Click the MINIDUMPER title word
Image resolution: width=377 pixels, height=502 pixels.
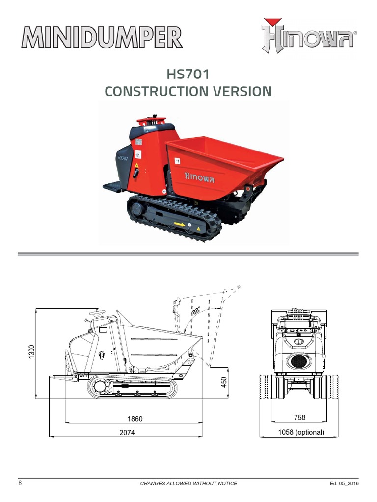pyautogui.click(x=101, y=37)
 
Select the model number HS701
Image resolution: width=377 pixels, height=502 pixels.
pyautogui.click(x=188, y=75)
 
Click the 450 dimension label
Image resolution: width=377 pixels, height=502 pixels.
pyautogui.click(x=224, y=382)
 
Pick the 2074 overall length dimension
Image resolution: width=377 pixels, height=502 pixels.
pyautogui.click(x=126, y=432)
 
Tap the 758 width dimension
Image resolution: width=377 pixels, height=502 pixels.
pyautogui.click(x=299, y=418)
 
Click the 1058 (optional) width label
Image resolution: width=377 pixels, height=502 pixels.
pyautogui.click(x=301, y=432)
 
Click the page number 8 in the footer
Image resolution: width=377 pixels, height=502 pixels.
pyautogui.click(x=20, y=483)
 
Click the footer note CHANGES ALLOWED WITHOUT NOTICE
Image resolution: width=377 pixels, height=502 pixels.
pyautogui.click(x=188, y=483)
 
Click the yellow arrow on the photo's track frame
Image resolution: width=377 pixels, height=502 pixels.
pyautogui.click(x=181, y=225)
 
